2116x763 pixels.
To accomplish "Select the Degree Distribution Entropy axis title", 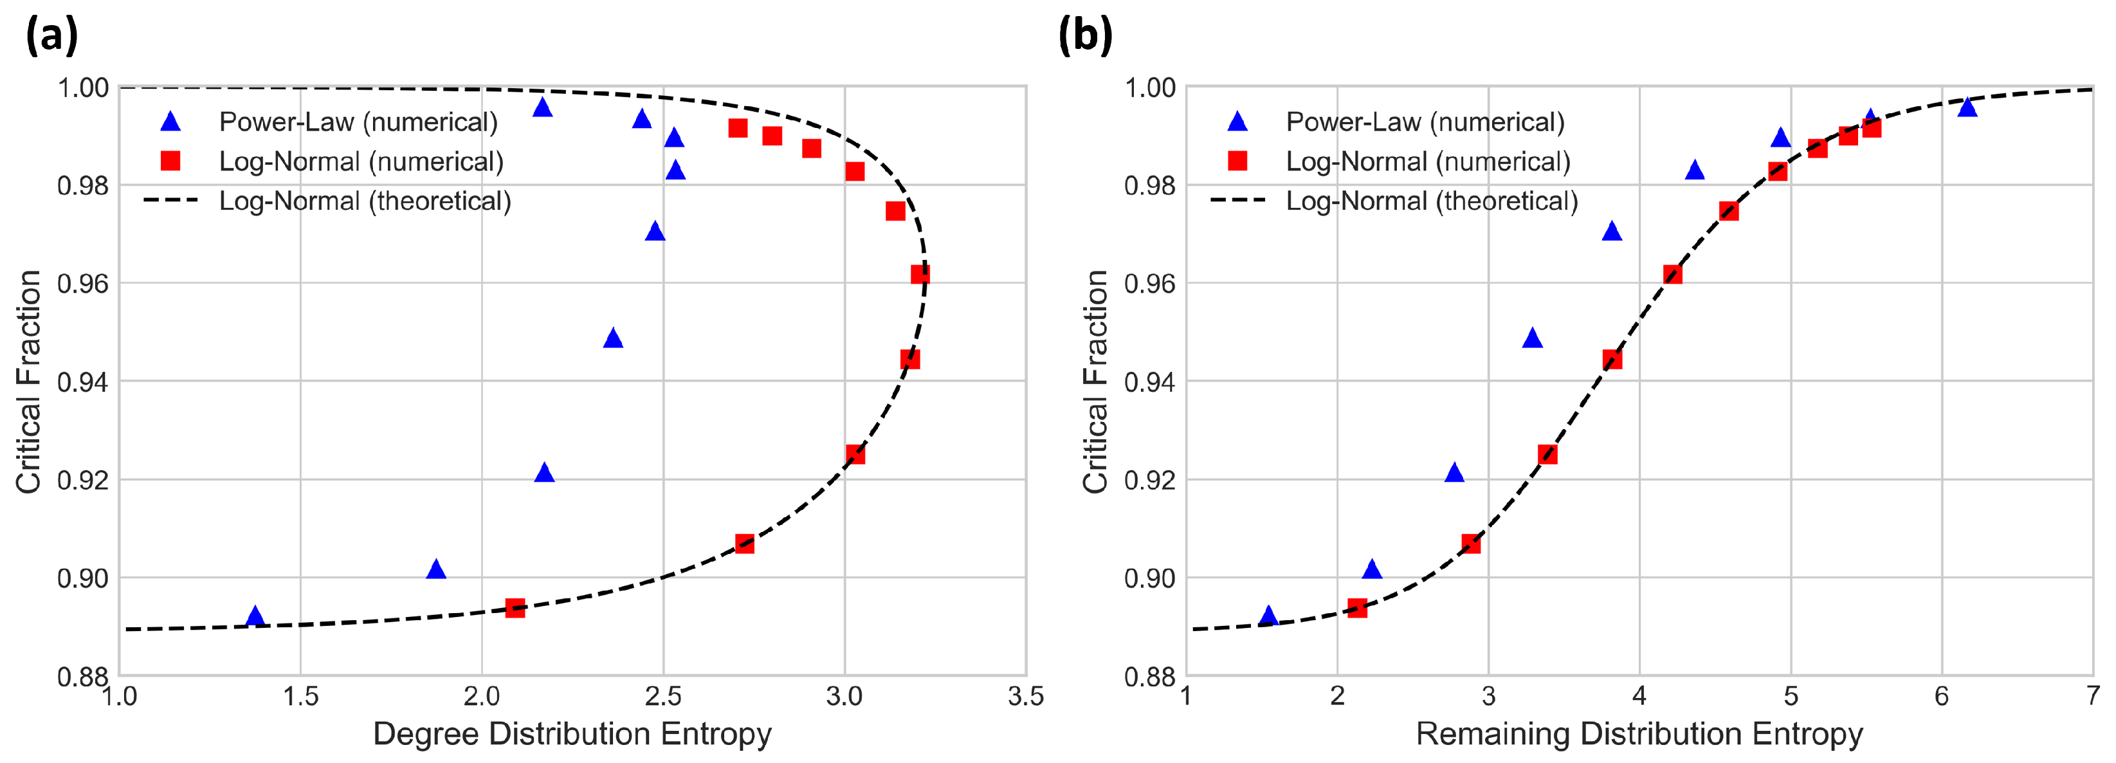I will [572, 733].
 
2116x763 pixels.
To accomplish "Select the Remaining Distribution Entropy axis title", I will [1639, 733].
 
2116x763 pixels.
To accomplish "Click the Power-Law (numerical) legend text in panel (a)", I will [358, 122].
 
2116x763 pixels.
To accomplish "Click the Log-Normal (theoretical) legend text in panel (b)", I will [1432, 201].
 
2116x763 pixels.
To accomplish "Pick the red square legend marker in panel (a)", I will [170, 161].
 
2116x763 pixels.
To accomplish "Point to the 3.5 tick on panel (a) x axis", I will [1025, 697].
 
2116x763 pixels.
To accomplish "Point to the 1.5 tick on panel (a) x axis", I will [300, 697].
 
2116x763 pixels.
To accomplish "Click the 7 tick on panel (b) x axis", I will [2092, 697].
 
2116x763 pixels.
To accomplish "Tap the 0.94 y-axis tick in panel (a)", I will [82, 382].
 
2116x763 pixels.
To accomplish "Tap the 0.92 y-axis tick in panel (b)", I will [1149, 480].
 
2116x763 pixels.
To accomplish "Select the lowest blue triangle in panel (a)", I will [255, 616].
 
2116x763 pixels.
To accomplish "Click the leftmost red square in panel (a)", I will [515, 608].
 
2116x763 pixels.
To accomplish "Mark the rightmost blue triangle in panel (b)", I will [1967, 107].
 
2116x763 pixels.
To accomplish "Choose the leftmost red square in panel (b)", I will [1357, 608].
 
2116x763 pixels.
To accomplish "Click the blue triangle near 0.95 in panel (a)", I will [613, 338].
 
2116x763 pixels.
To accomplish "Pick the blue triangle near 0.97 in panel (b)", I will [1612, 232].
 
